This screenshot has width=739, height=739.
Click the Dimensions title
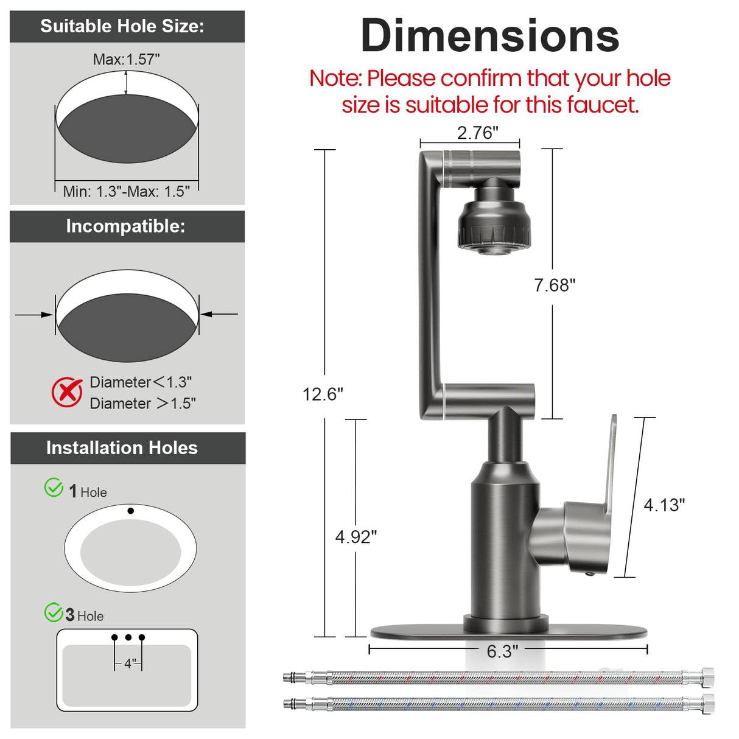[489, 36]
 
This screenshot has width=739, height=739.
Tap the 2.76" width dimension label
[477, 133]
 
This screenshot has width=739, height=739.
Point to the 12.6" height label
[323, 394]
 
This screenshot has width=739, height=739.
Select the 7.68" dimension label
[555, 285]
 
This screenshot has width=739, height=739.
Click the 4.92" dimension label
[356, 536]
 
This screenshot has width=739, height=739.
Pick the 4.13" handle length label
[664, 505]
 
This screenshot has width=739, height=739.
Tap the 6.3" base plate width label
[502, 651]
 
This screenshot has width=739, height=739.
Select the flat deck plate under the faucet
[508, 631]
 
